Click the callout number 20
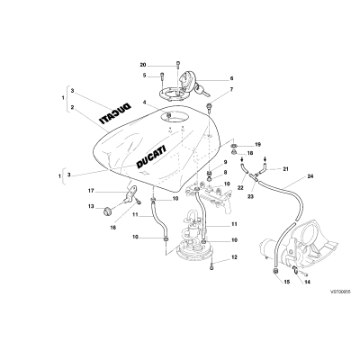click(143, 65)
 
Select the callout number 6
click(231, 78)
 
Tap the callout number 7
click(231, 89)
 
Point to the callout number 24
click(310, 176)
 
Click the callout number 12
click(234, 257)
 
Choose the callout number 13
click(91, 206)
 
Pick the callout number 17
click(91, 191)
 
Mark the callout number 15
click(287, 282)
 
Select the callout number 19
click(257, 145)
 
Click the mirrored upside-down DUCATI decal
click(115, 113)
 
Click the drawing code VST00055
click(340, 292)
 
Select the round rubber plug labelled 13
click(107, 211)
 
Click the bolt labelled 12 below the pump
click(212, 265)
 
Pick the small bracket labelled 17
click(131, 193)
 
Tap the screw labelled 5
click(162, 76)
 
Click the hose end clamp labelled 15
click(275, 271)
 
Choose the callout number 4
click(144, 103)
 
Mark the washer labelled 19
click(234, 146)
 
